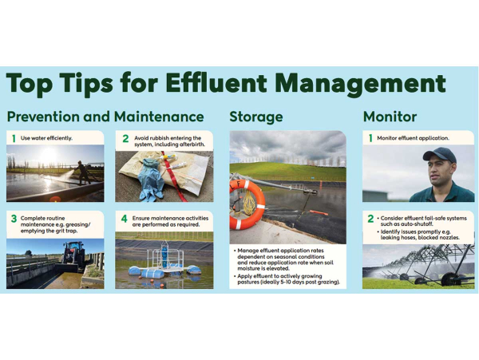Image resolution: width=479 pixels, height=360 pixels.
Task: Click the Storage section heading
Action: click(256, 117)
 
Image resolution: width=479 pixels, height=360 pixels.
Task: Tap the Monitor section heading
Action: click(390, 117)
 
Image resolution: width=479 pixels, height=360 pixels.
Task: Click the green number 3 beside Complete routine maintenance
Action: click(14, 219)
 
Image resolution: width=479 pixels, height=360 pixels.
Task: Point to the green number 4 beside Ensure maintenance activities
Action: click(124, 219)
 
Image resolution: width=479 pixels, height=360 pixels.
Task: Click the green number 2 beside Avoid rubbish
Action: click(125, 139)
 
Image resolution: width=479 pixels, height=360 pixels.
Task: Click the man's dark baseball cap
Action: click(439, 154)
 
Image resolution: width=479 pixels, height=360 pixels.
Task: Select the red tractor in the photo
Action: click(73, 254)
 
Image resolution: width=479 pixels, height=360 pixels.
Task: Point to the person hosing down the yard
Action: click(83, 172)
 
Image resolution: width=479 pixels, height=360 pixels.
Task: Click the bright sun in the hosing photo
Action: click(48, 155)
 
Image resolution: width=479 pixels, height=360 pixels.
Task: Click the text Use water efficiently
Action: click(46, 138)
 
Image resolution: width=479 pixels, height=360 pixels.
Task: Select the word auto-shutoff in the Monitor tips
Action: click(418, 224)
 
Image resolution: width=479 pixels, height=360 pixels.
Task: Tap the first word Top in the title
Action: click(30, 84)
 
